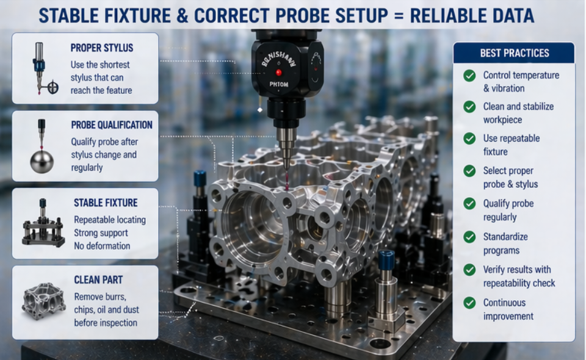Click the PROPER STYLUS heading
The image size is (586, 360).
(101, 48)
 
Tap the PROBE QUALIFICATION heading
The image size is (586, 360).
(112, 125)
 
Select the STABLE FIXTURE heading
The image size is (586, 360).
(106, 203)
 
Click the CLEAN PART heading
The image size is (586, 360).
(98, 280)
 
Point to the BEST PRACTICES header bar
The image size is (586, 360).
(514, 53)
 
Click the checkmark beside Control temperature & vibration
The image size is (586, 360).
(469, 76)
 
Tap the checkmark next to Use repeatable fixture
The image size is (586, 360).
(469, 139)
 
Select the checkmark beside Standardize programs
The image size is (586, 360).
(469, 237)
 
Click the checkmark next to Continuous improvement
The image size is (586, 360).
(469, 303)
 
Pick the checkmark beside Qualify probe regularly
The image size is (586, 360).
(469, 204)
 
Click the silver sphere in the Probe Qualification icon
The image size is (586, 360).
(42, 161)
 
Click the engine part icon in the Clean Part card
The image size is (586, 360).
(43, 301)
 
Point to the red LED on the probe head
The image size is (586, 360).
(278, 73)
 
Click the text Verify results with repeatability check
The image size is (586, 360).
(519, 276)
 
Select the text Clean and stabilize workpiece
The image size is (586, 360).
(518, 113)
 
